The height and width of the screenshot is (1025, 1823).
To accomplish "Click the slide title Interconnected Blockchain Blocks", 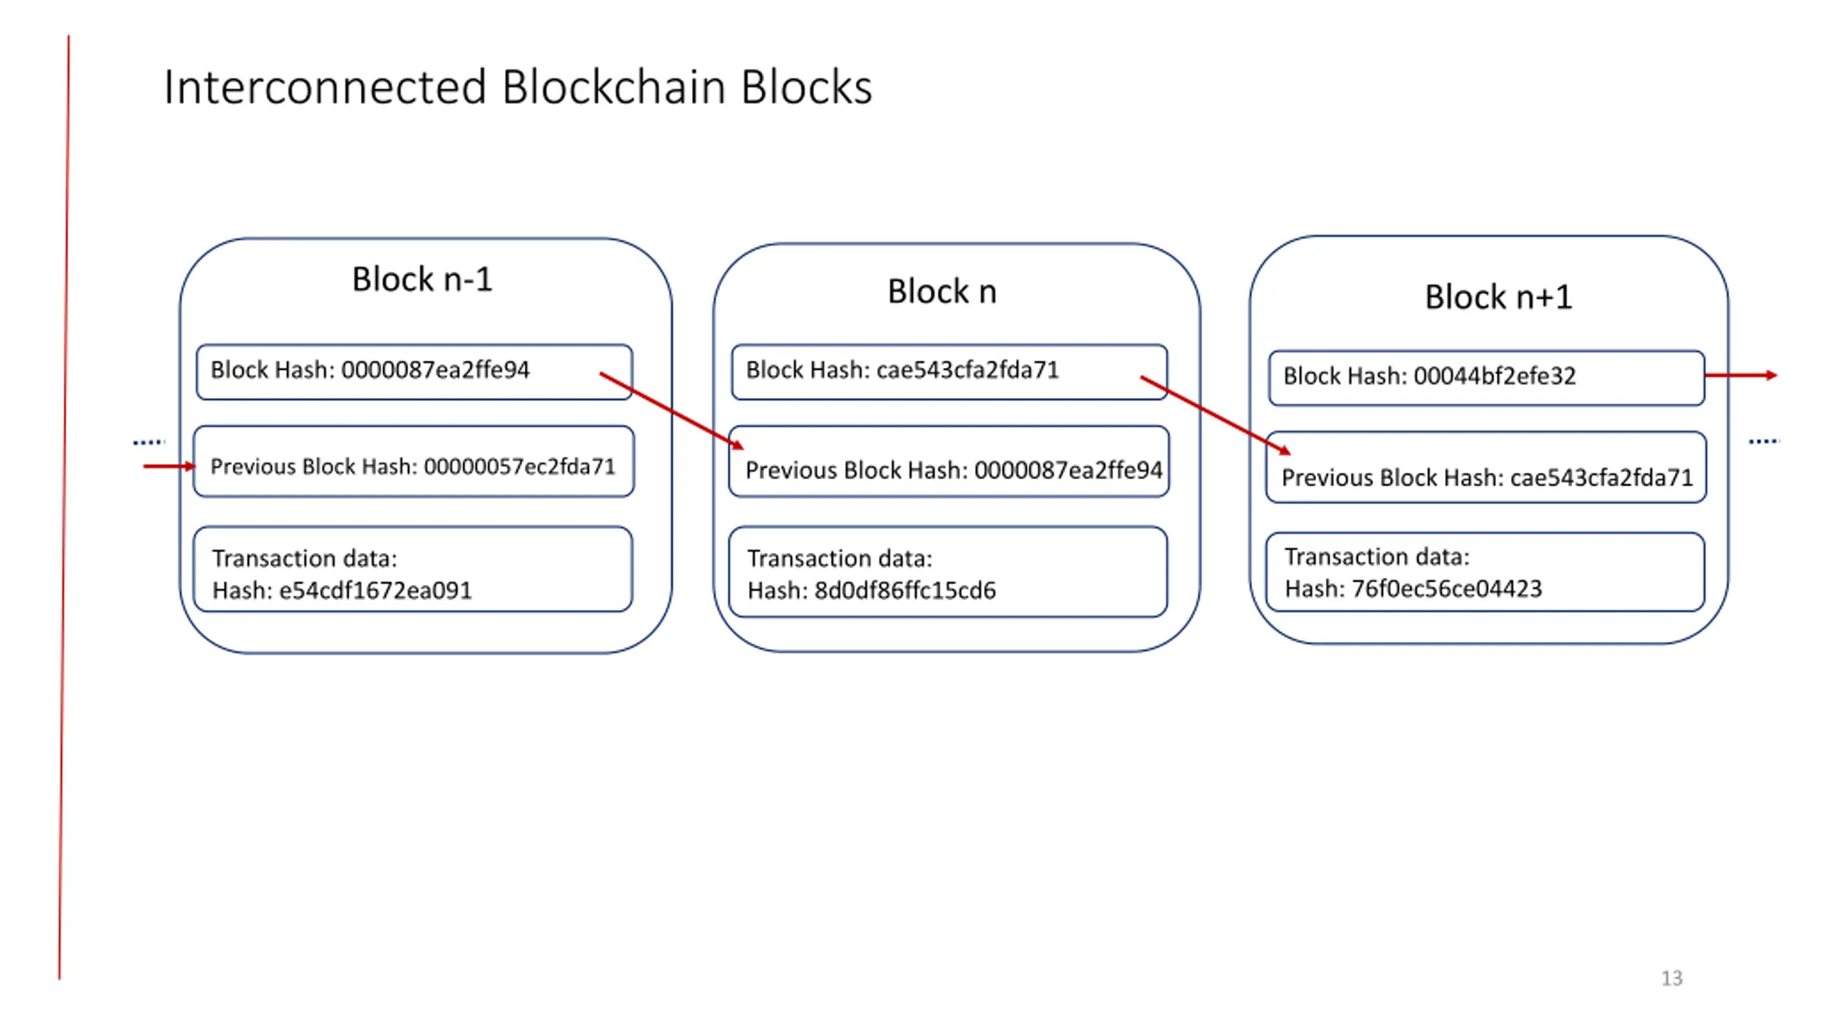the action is tap(518, 88).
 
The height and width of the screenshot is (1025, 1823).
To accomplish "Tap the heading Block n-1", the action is tap(422, 279).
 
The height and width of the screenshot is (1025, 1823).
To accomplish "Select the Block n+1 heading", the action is tap(1498, 297).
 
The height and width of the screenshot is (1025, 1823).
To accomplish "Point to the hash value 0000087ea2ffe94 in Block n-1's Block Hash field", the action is tap(435, 370).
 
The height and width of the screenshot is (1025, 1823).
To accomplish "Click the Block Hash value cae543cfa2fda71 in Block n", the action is tap(968, 370).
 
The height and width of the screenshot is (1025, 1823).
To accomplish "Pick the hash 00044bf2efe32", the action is tap(1495, 376).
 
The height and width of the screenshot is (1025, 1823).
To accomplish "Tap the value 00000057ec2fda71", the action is tap(520, 466).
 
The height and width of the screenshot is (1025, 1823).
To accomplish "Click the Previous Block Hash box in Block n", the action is tap(949, 461).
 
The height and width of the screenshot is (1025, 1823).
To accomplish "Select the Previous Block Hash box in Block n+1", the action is tap(1486, 467).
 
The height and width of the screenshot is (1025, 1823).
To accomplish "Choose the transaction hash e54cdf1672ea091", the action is tap(375, 591).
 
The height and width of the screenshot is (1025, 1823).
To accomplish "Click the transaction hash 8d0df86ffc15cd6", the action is tap(905, 591).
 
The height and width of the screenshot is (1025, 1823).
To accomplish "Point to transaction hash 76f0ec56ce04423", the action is tap(1447, 589).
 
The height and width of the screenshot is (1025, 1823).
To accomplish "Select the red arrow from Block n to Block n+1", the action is tap(1216, 415).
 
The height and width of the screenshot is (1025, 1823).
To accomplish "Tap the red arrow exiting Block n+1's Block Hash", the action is tap(1742, 375).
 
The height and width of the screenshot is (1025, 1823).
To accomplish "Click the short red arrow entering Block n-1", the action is tap(169, 466).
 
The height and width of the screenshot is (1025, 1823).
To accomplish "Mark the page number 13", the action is tap(1672, 978).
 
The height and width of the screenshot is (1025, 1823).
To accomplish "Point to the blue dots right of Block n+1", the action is tap(1764, 441).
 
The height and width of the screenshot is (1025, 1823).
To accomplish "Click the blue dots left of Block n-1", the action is tap(149, 442).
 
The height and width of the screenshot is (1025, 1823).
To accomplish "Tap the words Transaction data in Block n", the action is tap(840, 559).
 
